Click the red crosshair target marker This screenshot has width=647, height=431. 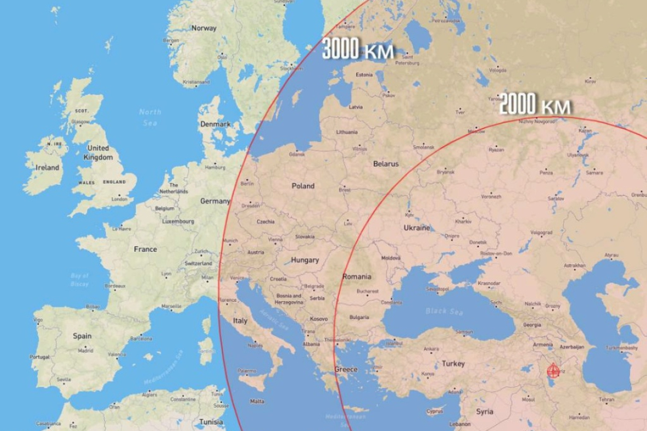click(x=552, y=371)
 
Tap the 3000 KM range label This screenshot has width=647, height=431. click(x=358, y=50)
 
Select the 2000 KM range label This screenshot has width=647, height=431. click(x=535, y=105)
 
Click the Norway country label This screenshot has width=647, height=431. click(x=204, y=28)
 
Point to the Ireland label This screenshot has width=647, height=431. click(x=47, y=167)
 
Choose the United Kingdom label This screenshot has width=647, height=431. click(x=98, y=152)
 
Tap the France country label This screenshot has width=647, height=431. click(x=145, y=249)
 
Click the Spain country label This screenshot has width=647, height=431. click(x=82, y=336)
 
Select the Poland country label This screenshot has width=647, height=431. click(x=303, y=186)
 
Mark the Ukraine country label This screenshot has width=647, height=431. click(x=417, y=227)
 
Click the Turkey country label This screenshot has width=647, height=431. click(x=453, y=364)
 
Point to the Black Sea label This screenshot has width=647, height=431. click(x=444, y=311)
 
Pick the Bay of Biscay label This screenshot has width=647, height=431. click(x=80, y=280)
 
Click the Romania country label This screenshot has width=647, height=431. click(x=357, y=277)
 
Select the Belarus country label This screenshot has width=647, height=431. click(x=385, y=164)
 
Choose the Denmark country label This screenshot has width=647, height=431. click(x=215, y=124)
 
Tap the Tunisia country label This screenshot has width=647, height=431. click(x=211, y=421)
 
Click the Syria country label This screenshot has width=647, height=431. click(x=484, y=411)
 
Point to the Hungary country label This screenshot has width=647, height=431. click(x=305, y=260)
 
